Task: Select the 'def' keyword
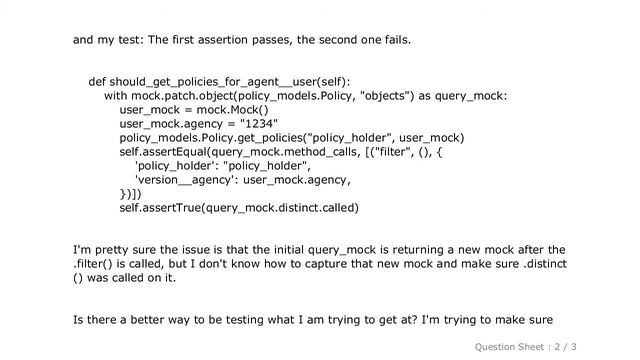click(x=97, y=82)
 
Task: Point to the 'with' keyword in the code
click(x=116, y=96)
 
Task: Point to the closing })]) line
click(x=130, y=194)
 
